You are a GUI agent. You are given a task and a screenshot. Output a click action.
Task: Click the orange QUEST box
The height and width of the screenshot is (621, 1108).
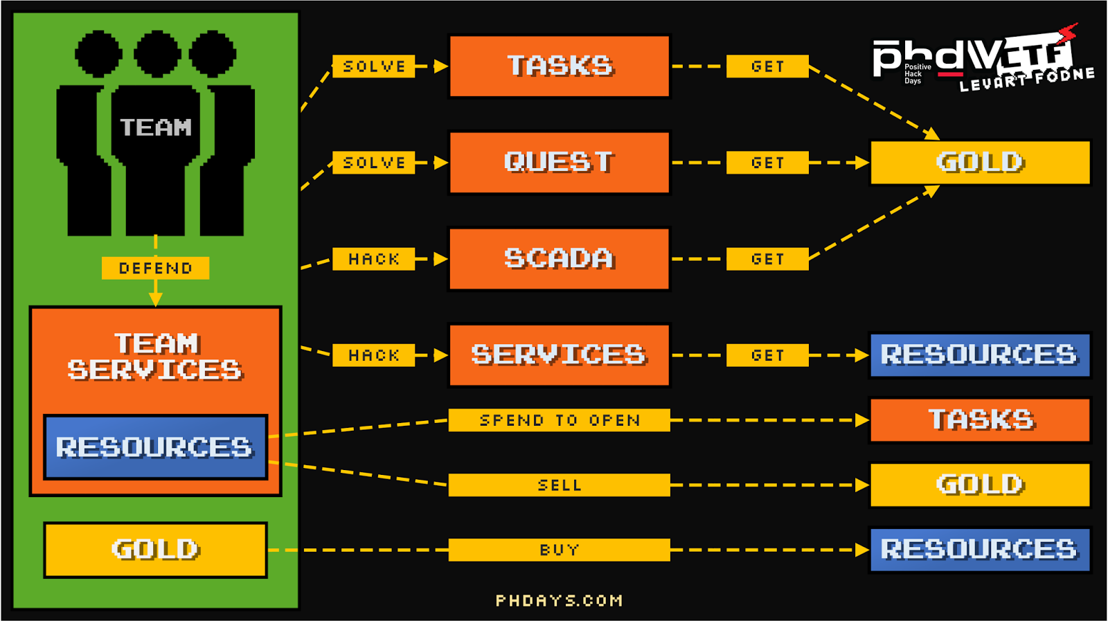[x=560, y=163]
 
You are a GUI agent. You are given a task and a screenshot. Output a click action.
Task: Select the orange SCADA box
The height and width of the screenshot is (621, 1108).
[x=560, y=259]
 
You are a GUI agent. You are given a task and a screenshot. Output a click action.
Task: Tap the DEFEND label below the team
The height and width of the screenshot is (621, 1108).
[x=155, y=268]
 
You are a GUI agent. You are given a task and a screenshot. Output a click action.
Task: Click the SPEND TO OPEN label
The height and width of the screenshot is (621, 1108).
[x=560, y=420]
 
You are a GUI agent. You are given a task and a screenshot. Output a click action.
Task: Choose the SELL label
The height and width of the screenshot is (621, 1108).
[x=560, y=485]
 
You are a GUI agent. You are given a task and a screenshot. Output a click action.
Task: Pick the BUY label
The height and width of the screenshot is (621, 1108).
[x=560, y=550]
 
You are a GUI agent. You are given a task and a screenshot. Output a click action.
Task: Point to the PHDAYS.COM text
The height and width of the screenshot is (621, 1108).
[x=560, y=600]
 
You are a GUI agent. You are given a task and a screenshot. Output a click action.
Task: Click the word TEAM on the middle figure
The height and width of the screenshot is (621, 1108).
[x=156, y=127]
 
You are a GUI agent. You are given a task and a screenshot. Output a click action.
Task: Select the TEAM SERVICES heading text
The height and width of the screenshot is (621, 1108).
[x=155, y=357]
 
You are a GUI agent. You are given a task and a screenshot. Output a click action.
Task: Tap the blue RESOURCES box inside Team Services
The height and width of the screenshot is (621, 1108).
[x=155, y=447]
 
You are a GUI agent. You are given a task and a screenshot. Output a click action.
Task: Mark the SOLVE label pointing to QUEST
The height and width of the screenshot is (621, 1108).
[x=374, y=163]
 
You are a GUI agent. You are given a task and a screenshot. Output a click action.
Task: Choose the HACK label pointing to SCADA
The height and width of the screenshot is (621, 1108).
[x=374, y=259]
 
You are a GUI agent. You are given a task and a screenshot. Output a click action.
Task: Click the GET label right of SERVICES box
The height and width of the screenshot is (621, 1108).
[x=767, y=355]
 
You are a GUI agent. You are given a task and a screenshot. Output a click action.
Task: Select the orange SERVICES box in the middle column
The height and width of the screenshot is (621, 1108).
[x=560, y=355]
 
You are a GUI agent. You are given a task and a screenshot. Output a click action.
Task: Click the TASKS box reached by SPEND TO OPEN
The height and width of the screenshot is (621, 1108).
[x=980, y=420]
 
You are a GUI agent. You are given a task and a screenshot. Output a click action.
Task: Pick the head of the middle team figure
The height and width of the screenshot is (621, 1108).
[x=157, y=53]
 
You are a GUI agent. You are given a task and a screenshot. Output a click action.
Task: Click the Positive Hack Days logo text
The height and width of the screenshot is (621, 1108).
[x=917, y=74]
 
